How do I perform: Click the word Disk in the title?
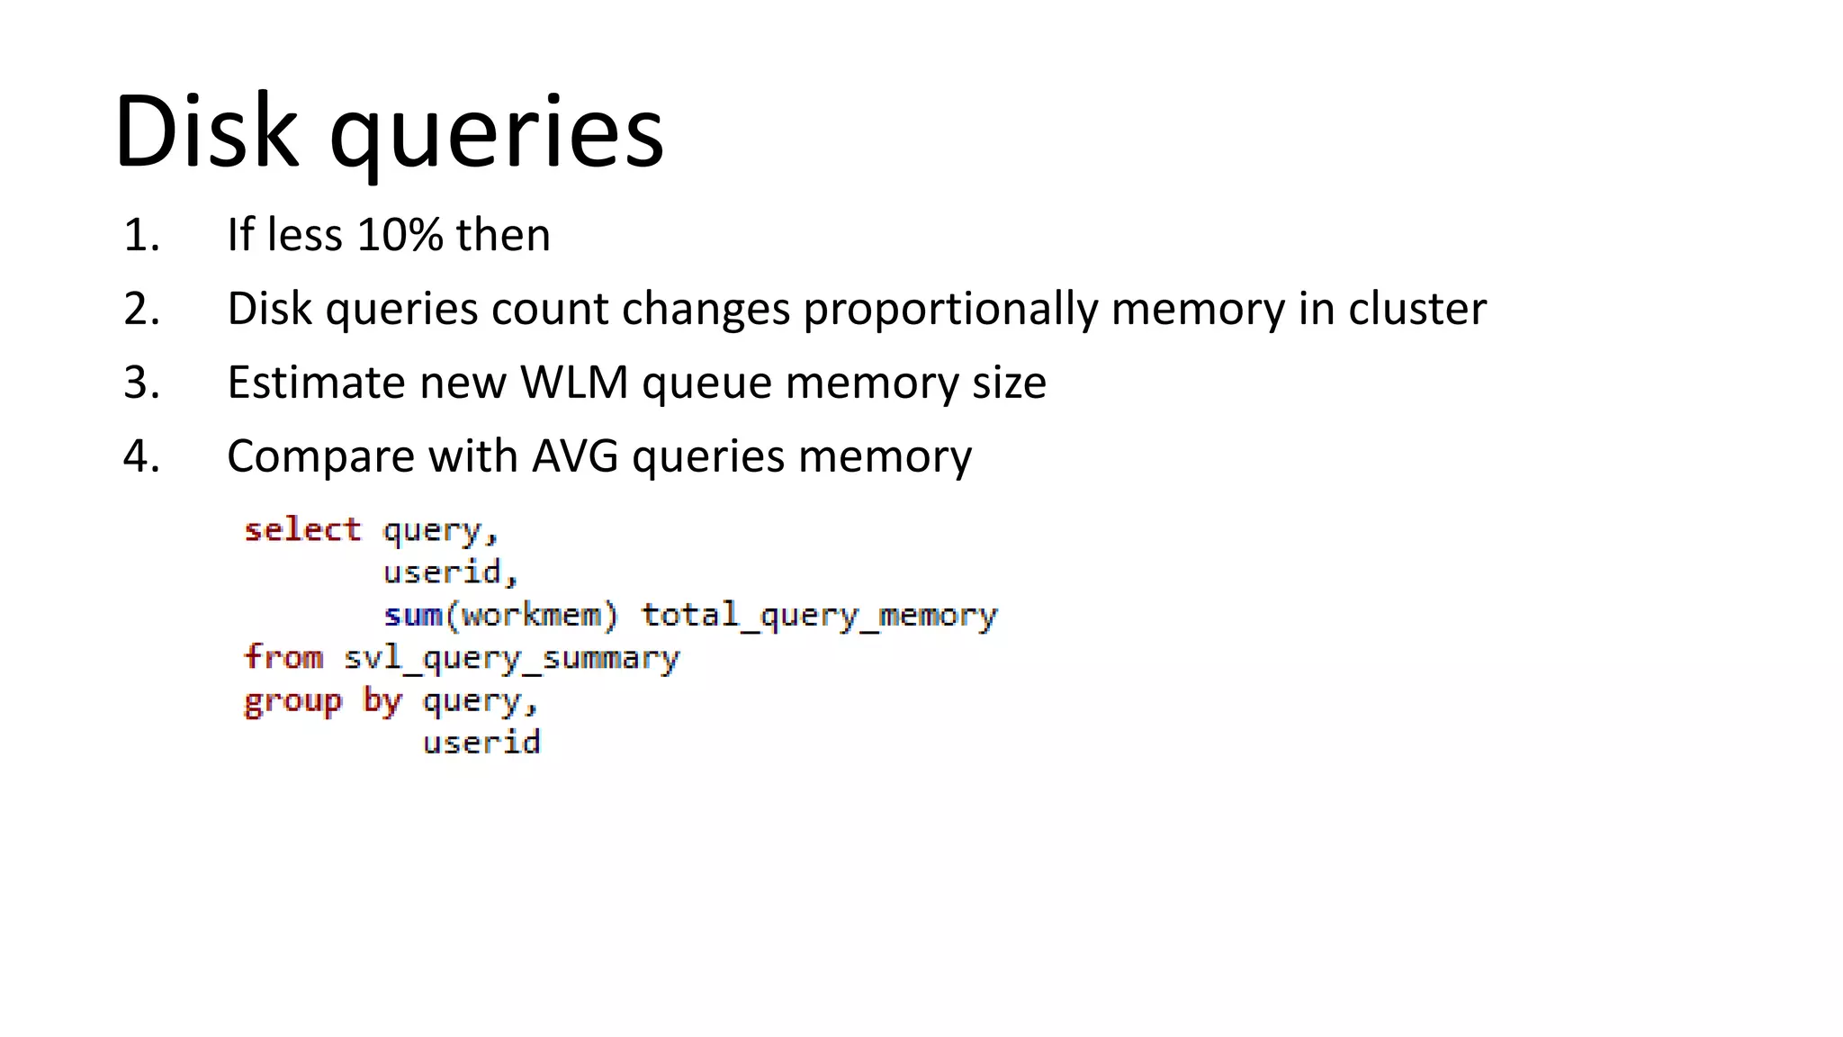205,131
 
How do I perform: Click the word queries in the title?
497,135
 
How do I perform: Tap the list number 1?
141,235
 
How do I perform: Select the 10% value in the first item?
400,235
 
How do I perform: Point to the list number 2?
141,309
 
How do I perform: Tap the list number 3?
141,383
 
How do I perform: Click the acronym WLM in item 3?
574,383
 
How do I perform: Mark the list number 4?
141,456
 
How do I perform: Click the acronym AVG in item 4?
575,456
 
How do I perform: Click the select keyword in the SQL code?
302,529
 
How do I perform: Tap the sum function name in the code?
413,616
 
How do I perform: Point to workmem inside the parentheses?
531,616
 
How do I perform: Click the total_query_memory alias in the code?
819,617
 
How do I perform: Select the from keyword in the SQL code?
283,657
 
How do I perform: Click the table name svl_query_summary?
511,659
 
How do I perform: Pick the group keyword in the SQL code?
293,701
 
